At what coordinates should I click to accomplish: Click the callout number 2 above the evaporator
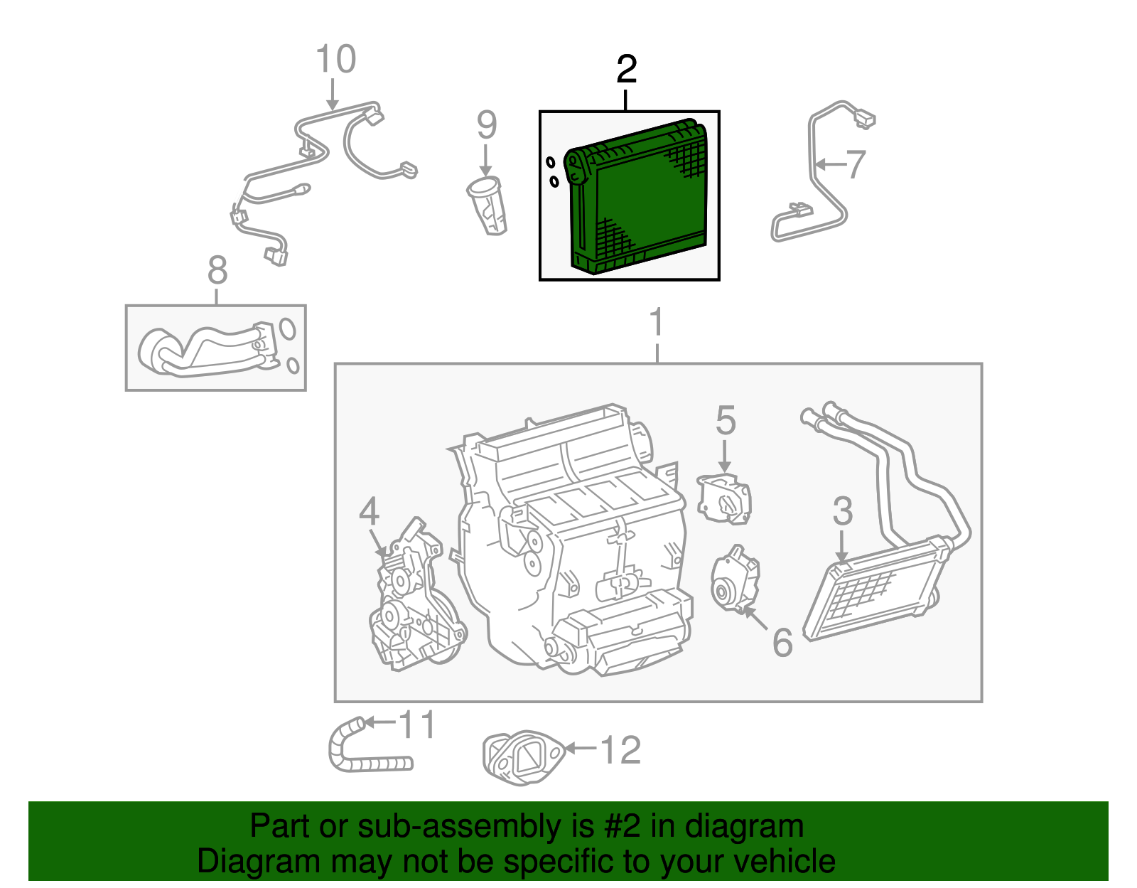[x=626, y=70]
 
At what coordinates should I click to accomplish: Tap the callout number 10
[x=335, y=60]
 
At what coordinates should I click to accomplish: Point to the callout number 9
[x=486, y=125]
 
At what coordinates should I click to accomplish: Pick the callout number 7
[x=856, y=165]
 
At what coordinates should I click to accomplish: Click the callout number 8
[x=217, y=271]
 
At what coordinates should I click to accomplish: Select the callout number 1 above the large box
[x=657, y=323]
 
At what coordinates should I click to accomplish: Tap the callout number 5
[x=725, y=421]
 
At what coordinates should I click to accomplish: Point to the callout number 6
[x=782, y=643]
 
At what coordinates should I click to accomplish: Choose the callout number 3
[x=842, y=512]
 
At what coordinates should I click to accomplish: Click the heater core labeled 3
[x=874, y=590]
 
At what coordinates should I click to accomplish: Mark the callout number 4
[x=369, y=512]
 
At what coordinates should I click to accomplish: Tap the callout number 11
[x=417, y=725]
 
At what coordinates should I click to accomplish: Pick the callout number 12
[x=620, y=751]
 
